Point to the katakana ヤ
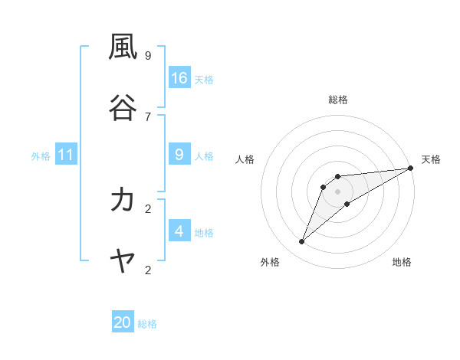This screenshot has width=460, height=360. (x=123, y=261)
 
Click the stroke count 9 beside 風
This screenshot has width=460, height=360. (x=148, y=55)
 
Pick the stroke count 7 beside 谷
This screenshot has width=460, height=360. (x=148, y=116)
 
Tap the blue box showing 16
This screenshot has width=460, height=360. (x=179, y=78)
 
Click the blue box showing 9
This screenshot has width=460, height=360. (x=179, y=155)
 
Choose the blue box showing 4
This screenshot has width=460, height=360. (x=179, y=231)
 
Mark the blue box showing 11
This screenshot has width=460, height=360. (x=66, y=155)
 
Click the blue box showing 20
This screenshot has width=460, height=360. (x=123, y=322)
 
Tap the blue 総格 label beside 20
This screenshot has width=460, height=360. (x=147, y=324)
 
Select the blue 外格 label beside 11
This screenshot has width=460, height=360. (x=41, y=156)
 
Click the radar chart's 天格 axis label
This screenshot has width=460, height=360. (x=431, y=159)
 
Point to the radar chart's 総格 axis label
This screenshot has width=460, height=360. (x=338, y=100)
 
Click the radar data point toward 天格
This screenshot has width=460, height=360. (x=410, y=168)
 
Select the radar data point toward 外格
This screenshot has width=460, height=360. (x=302, y=242)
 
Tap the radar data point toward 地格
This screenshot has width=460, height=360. (x=347, y=204)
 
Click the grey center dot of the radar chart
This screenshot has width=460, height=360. (x=338, y=191)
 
